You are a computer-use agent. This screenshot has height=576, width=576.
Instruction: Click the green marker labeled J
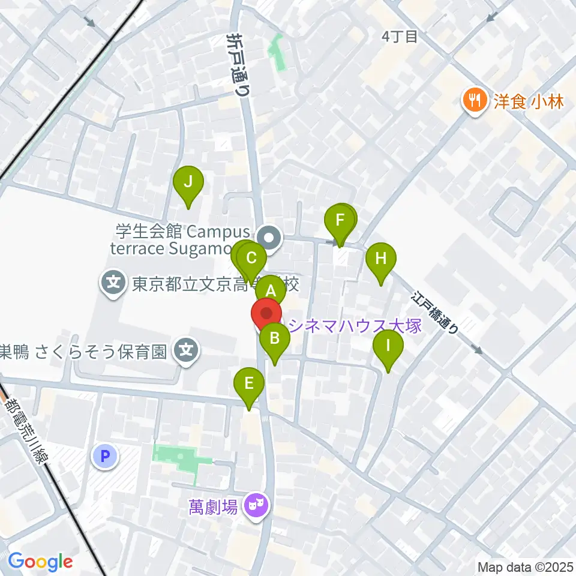188,182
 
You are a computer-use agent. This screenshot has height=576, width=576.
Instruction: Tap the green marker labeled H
381,260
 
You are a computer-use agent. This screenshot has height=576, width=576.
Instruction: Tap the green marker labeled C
252,260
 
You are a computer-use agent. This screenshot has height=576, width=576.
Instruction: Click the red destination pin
266,315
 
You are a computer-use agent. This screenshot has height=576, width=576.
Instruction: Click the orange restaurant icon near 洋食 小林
475,100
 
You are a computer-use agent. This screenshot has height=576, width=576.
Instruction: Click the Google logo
40,562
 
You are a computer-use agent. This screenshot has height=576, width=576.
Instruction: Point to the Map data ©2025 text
525,566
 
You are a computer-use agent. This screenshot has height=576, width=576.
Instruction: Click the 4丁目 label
399,37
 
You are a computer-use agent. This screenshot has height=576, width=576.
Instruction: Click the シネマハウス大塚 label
355,326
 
